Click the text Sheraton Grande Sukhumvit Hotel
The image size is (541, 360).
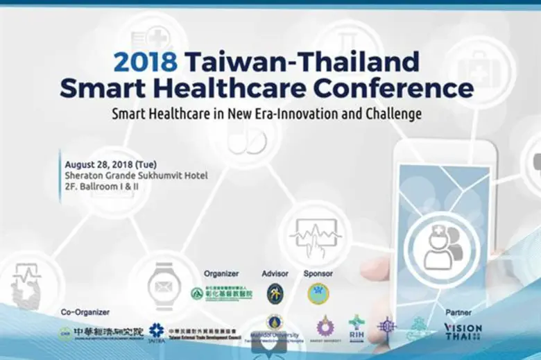[x=136, y=175]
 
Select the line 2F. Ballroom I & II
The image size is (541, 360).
[x=101, y=187]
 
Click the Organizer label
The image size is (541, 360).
[x=221, y=273]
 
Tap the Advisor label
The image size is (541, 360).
[x=275, y=273]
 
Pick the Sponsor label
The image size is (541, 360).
[x=318, y=273]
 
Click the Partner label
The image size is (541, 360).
[x=458, y=312]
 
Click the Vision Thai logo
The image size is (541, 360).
[x=463, y=331]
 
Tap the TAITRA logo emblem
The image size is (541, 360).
[x=156, y=331]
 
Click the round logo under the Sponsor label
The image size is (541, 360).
[x=318, y=293]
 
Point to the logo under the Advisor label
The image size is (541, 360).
[x=275, y=293]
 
